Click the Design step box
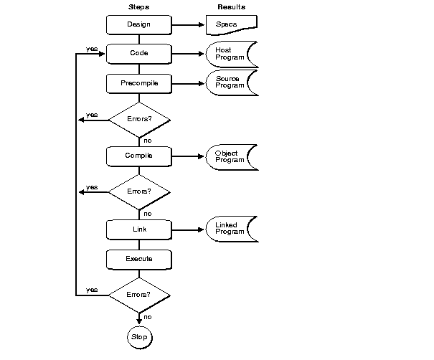pos(138,24)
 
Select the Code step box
pos(138,54)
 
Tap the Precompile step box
pos(138,83)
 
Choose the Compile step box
pos(138,155)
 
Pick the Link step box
pos(138,229)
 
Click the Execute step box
pos(138,257)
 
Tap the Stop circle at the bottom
pos(138,336)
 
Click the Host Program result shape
pos(231,54)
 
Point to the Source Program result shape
pos(231,82)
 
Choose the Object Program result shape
pos(231,156)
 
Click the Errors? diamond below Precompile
pos(138,119)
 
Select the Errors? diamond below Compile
pos(138,191)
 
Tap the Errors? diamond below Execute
pos(138,295)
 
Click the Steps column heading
pos(138,6)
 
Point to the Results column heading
pos(231,6)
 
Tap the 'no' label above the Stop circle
pos(148,316)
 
